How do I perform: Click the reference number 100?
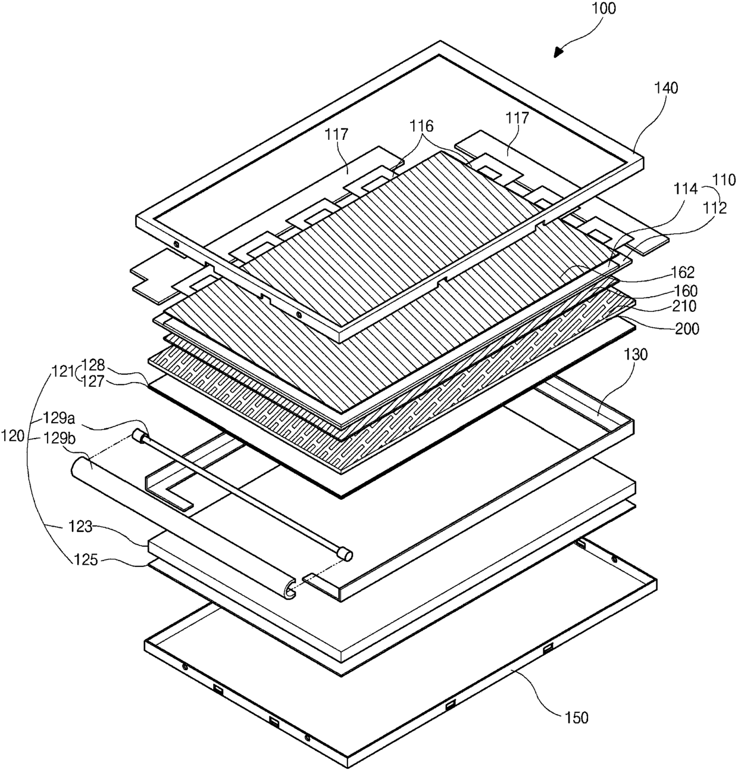point(605,9)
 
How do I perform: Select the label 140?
point(665,88)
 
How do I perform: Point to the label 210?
point(682,306)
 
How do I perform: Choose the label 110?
point(724,180)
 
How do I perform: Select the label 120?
point(13,436)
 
